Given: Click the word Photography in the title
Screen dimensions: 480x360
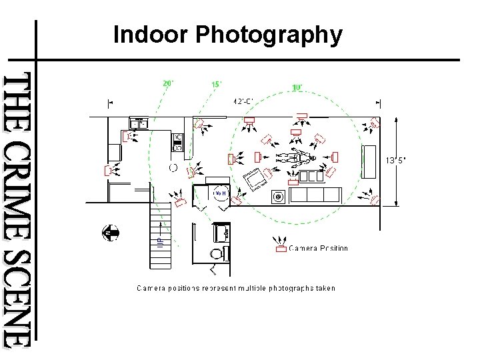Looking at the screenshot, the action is [269, 35].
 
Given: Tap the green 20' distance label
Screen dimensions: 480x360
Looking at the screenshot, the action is [169, 83].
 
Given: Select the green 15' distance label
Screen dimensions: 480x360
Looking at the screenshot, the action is [217, 85].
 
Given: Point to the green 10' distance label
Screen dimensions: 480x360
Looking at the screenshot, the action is [298, 87].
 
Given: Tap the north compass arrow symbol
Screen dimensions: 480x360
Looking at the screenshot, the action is [110, 233].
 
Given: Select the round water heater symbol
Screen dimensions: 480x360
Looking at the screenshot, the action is [220, 193].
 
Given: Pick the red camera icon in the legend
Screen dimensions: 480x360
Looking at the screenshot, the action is [281, 249].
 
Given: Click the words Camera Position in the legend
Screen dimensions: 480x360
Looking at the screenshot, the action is [318, 249].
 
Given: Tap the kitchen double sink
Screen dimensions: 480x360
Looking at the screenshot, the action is [139, 123].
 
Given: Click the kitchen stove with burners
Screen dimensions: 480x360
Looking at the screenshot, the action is [177, 142].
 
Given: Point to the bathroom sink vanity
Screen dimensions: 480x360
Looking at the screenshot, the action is [221, 233].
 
